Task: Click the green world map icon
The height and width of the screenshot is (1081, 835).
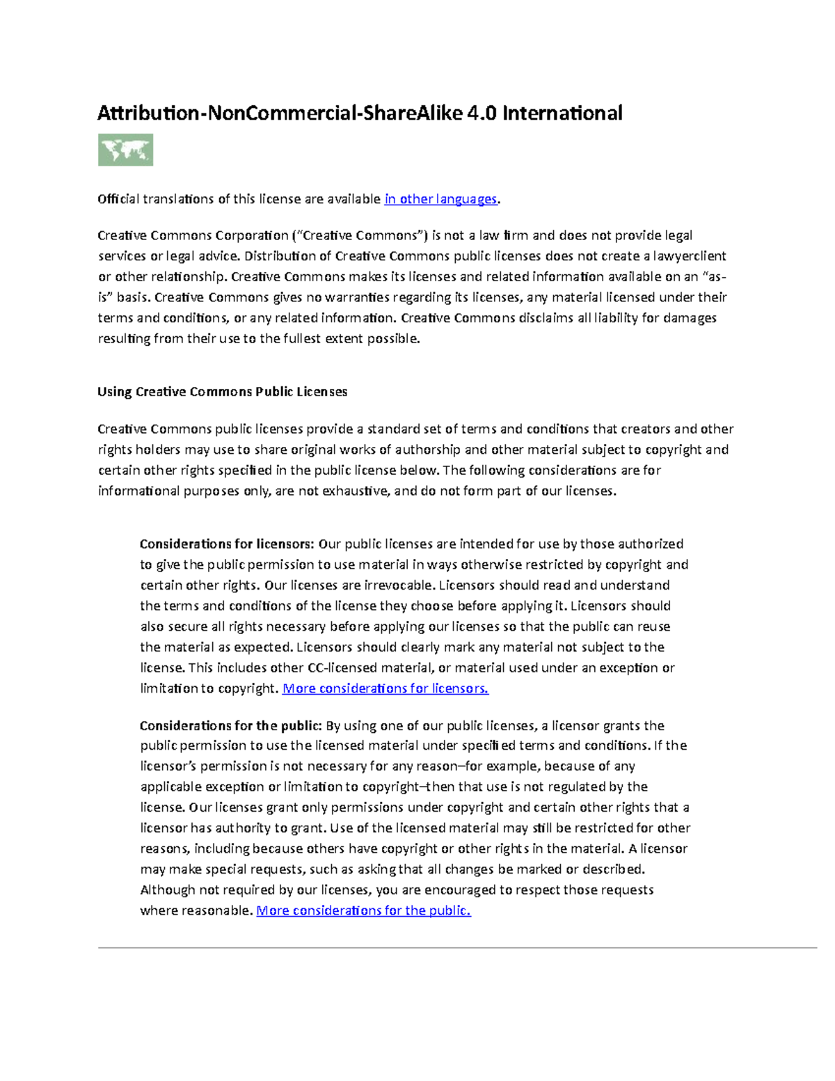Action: coord(125,150)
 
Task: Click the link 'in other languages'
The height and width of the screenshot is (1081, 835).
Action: coord(440,199)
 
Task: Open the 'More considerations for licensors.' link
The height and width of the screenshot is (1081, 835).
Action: coord(385,688)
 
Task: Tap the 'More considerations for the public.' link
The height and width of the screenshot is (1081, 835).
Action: coord(363,910)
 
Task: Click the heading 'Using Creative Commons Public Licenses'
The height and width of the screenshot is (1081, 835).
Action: coord(223,392)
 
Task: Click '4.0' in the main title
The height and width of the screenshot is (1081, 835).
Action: coord(482,113)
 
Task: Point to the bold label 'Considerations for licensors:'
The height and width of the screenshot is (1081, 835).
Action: coord(228,544)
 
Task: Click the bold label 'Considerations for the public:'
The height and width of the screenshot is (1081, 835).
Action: coord(230,725)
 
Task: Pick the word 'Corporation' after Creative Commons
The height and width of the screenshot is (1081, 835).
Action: coord(252,235)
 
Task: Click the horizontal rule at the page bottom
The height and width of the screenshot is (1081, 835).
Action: coord(457,947)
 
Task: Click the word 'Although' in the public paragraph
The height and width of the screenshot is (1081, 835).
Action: coord(168,890)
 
